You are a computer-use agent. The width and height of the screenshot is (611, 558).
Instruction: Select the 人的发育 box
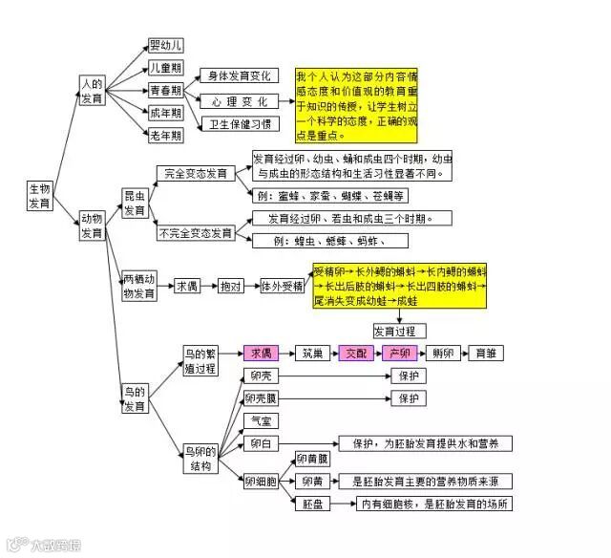[92, 92]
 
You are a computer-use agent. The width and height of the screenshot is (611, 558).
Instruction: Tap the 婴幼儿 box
[166, 45]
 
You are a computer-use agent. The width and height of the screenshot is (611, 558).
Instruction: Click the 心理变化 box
[239, 100]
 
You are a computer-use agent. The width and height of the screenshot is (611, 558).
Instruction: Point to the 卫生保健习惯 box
[240, 124]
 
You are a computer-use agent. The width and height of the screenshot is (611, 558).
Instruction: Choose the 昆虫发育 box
[135, 203]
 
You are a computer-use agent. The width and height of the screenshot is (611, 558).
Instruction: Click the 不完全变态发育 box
[197, 233]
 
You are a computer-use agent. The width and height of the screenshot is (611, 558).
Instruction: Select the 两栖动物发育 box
[139, 287]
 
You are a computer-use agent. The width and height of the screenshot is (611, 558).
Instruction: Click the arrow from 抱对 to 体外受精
[253, 286]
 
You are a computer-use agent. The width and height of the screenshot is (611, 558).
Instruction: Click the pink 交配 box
[355, 353]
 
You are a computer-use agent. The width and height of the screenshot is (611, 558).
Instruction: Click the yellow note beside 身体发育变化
[357, 104]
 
